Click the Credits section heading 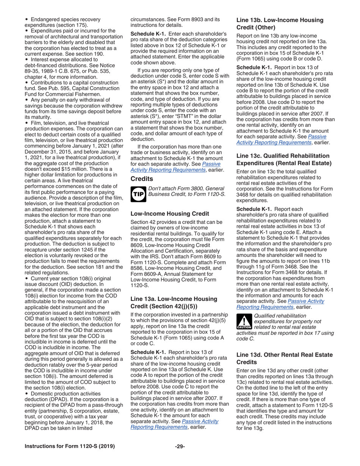pos(141,178)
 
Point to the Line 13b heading pos(280,23)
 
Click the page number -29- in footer pos(180,446)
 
